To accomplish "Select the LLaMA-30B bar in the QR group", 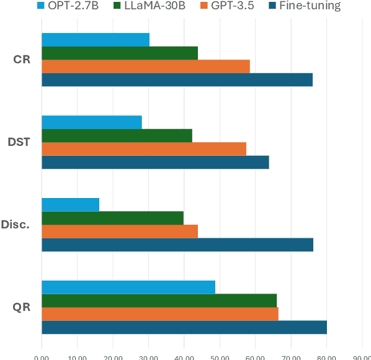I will [x=159, y=300].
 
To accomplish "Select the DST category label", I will [x=19, y=142].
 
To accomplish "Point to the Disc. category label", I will [x=16, y=224].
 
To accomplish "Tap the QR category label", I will [x=22, y=307].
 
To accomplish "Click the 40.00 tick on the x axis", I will [x=184, y=356].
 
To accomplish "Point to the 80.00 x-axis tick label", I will [x=326, y=356].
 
